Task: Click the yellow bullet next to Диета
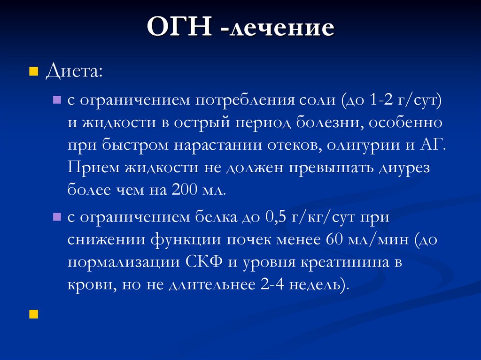pos(33,72)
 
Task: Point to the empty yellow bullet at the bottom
pos(33,314)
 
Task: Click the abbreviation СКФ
pos(209,262)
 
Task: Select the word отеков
pos(294,145)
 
